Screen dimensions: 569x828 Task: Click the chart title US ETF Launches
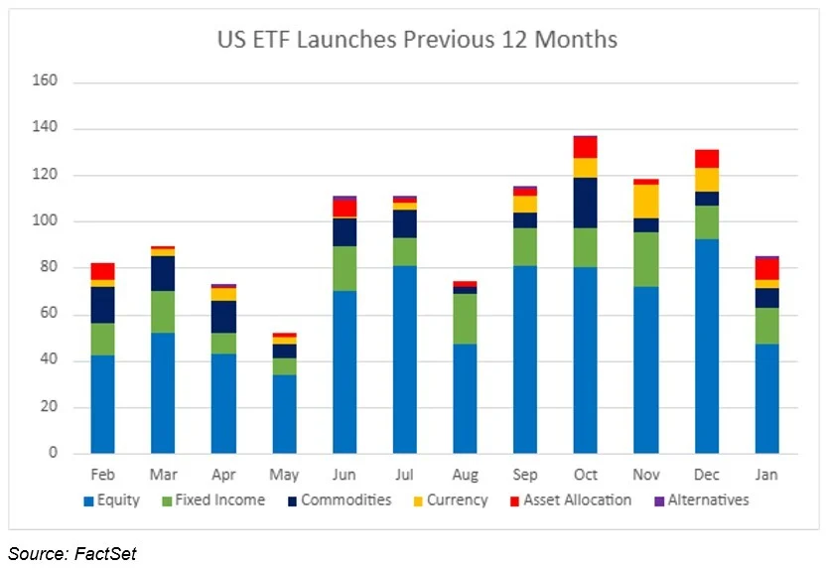point(417,40)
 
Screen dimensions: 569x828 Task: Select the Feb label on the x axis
point(102,475)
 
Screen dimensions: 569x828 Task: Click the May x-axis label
point(284,475)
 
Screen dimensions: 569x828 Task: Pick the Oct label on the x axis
point(586,475)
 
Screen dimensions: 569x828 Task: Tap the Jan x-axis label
point(766,475)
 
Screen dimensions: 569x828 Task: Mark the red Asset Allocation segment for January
point(766,269)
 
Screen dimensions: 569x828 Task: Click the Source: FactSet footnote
point(72,554)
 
